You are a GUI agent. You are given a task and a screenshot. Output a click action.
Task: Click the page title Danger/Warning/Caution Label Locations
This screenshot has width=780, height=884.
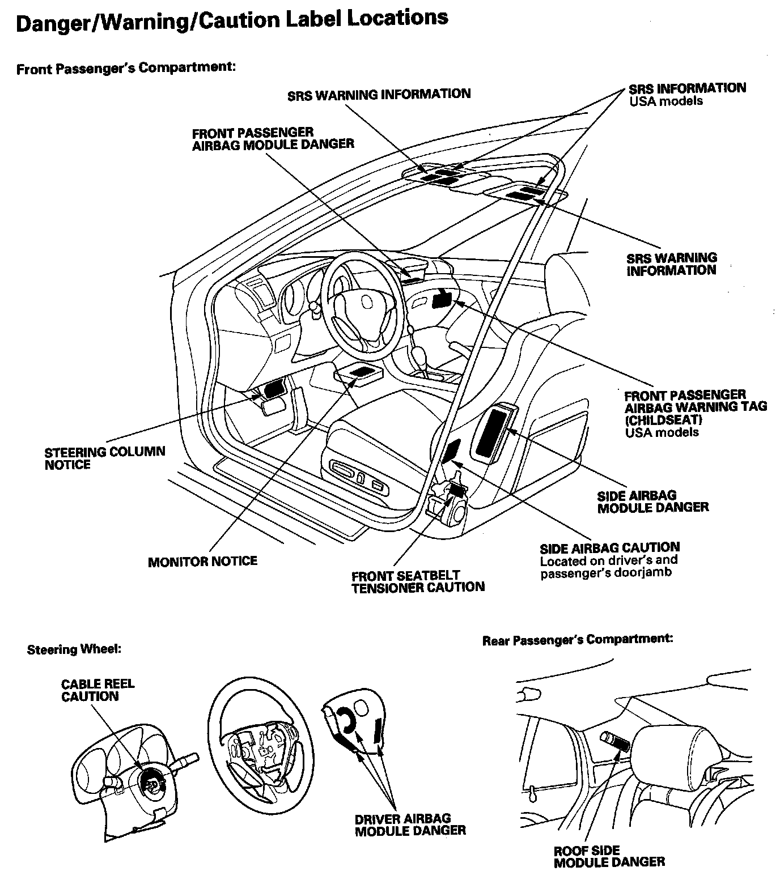pos(232,22)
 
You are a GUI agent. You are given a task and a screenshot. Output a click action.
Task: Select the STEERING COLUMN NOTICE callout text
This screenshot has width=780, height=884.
pos(105,458)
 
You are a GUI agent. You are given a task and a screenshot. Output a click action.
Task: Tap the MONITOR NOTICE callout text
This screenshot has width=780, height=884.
pos(202,562)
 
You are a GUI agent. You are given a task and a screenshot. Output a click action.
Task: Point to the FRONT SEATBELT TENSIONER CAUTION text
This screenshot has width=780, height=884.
pos(418,582)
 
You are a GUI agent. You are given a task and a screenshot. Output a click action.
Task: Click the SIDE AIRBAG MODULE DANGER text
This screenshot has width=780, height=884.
pos(652,501)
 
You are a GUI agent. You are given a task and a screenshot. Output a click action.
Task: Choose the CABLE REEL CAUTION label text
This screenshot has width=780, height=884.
pos(97,690)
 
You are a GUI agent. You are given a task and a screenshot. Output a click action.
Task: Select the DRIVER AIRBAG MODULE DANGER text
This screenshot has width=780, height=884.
pos(410,824)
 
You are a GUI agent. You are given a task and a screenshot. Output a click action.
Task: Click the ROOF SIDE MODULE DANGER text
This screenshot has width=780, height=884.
pos(609,856)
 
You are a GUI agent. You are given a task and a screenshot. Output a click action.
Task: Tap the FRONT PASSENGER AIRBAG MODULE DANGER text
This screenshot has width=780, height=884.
pos(273,138)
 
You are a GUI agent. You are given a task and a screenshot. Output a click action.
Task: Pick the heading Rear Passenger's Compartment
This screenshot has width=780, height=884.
pos(578,640)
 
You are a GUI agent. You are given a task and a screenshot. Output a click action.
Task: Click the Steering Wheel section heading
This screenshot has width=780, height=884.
pos(74,649)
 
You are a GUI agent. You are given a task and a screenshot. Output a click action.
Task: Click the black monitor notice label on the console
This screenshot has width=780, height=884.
pos(359,371)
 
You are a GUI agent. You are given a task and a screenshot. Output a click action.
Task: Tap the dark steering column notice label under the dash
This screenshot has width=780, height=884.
pos(274,389)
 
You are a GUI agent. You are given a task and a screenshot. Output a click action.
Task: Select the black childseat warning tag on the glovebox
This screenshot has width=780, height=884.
pos(440,299)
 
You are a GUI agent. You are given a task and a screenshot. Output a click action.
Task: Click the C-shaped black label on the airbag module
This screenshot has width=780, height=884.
pos(346,719)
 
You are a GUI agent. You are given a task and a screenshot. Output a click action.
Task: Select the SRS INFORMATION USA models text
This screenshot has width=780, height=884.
pos(687,94)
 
